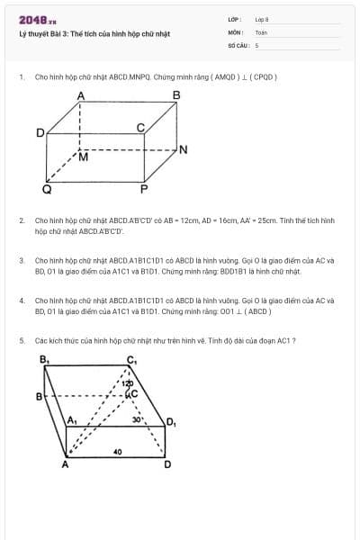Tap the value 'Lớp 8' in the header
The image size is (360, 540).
pos(261,18)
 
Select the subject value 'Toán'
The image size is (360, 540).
pos(261,31)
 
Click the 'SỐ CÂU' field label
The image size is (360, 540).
pos(237,44)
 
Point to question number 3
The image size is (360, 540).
pos(21,260)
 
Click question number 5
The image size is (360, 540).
pos(21,340)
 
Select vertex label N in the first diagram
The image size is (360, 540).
pos(184,149)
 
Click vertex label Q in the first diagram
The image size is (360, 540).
pos(47,190)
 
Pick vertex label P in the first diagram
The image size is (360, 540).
pos(143,190)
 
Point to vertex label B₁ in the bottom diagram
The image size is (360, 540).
pos(44,359)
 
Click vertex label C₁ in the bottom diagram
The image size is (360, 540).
pos(131,361)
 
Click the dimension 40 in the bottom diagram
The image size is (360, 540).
pos(117,451)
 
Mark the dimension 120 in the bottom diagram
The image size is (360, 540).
pos(128,384)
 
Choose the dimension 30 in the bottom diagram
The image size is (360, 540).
pos(136,418)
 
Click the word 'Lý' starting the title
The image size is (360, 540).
pos(22,34)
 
